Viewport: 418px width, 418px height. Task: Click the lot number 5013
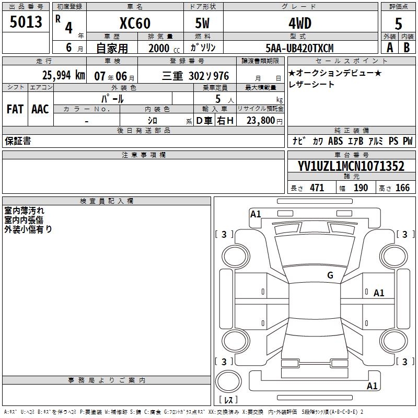[x=26, y=22]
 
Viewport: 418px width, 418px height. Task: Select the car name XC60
[x=135, y=23]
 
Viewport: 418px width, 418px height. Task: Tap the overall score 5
[x=398, y=24]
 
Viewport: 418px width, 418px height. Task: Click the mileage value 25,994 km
[x=64, y=75]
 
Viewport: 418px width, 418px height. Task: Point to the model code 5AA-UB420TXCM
[x=299, y=48]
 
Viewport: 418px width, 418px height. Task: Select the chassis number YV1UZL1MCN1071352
[x=351, y=166]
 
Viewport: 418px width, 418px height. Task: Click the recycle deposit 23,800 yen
[x=264, y=121]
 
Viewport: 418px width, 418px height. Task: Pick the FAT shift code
[x=15, y=109]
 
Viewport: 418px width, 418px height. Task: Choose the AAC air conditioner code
[x=40, y=109]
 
